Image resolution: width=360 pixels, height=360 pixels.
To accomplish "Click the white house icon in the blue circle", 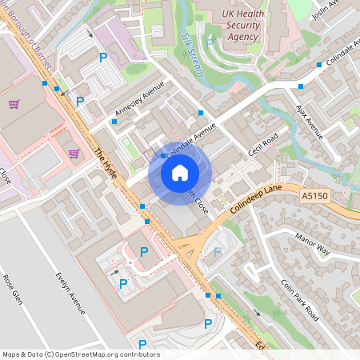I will click(180, 172).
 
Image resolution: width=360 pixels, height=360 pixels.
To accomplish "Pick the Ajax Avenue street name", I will click(310, 117).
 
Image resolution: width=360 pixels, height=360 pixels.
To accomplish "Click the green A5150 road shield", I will click(315, 195).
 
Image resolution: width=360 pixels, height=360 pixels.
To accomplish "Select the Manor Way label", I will click(312, 243).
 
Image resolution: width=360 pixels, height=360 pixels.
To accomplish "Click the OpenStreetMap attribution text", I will click(81, 354).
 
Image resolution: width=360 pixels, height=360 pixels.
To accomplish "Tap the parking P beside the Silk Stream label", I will click(210, 42).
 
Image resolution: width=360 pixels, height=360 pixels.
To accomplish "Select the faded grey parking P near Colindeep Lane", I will click(217, 251).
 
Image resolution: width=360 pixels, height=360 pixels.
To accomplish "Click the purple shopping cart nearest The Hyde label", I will click(74, 154).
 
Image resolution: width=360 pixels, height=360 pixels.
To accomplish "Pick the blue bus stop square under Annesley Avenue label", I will click(114, 122).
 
